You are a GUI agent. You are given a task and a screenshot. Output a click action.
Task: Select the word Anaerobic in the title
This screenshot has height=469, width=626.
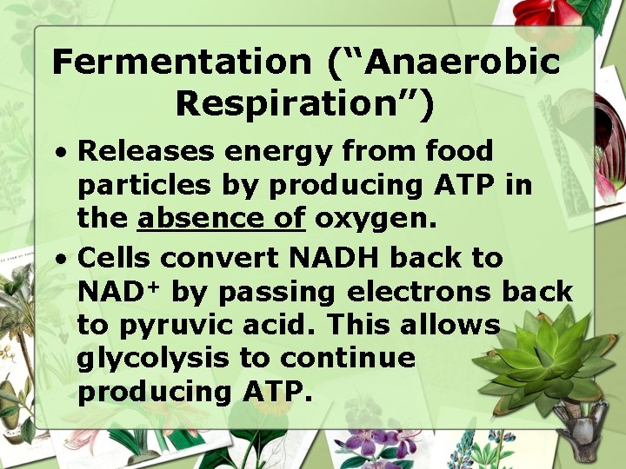point(452,62)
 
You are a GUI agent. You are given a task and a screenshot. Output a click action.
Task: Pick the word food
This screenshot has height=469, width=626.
point(459,151)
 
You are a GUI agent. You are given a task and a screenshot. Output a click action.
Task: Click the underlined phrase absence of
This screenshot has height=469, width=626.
point(222,218)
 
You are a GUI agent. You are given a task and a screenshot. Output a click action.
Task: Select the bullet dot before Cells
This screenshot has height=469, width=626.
point(63,259)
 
